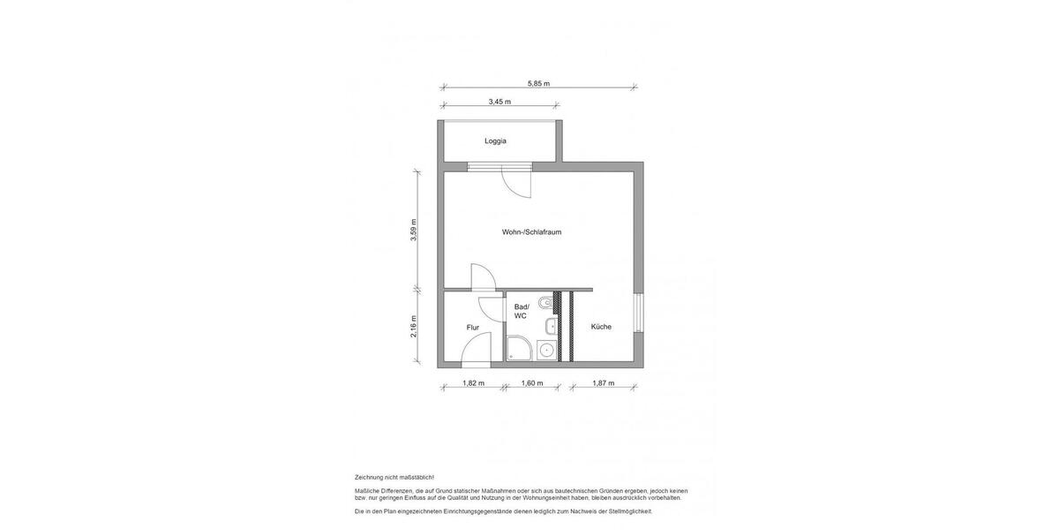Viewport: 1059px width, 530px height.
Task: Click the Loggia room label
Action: [x=495, y=141]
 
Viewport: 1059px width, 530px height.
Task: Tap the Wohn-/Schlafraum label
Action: [x=531, y=232]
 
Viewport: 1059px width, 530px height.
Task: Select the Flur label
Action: [x=473, y=328]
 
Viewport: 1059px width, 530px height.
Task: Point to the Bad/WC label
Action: [x=521, y=311]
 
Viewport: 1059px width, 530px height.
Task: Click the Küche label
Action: [x=601, y=327]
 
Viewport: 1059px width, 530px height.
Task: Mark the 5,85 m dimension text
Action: [x=538, y=84]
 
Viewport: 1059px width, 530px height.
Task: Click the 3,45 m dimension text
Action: [x=499, y=102]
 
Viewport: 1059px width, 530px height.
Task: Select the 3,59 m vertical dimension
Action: [x=414, y=230]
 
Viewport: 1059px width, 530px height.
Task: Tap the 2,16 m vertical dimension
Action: [x=414, y=326]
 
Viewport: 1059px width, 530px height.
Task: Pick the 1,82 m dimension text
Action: [x=473, y=383]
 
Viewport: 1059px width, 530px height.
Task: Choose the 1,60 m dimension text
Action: [x=532, y=383]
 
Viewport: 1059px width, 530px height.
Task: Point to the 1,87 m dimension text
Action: [x=603, y=383]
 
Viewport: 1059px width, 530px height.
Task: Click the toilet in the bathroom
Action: [x=547, y=304]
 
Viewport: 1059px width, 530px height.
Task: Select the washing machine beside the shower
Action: [x=547, y=351]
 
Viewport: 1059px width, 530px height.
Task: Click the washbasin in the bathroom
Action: [x=551, y=327]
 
